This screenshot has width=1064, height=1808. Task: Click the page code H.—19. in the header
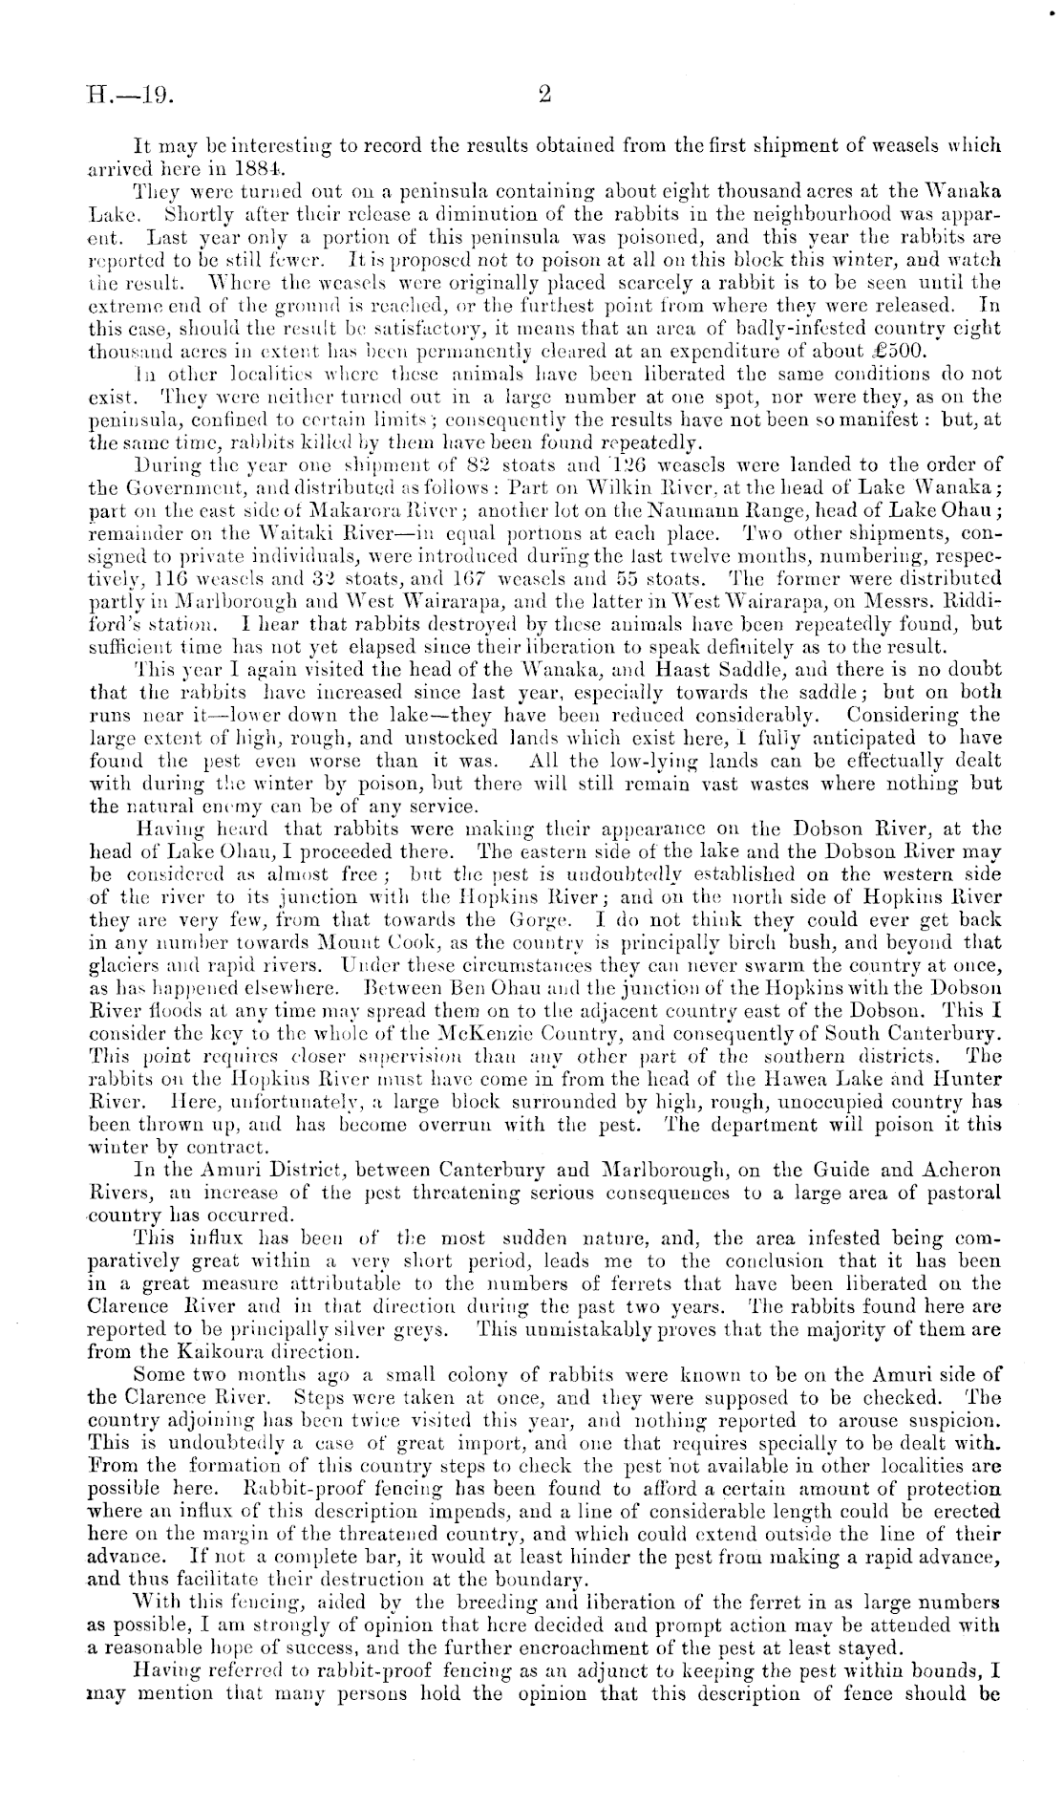pyautogui.click(x=126, y=95)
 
